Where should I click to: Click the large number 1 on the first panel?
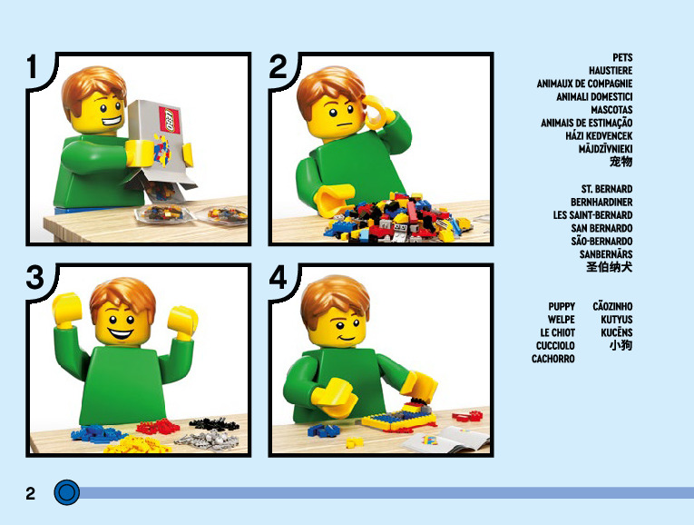click(x=32, y=67)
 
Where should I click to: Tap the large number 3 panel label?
click(x=35, y=277)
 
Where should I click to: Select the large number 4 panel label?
click(x=278, y=277)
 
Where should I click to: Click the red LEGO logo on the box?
click(x=170, y=120)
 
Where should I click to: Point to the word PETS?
click(x=622, y=57)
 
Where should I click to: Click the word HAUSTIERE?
click(x=611, y=71)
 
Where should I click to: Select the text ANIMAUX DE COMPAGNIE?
click(x=584, y=84)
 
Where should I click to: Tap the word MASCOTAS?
click(x=611, y=110)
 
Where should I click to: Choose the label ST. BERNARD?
click(x=606, y=189)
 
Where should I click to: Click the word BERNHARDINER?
click(x=601, y=202)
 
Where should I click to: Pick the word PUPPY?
click(x=562, y=307)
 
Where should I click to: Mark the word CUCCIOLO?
click(x=555, y=345)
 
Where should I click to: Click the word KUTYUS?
click(x=616, y=320)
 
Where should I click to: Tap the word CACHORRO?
click(x=552, y=359)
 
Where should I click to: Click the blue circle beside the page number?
click(x=67, y=492)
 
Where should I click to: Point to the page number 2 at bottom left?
click(x=30, y=493)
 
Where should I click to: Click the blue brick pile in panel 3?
click(x=97, y=433)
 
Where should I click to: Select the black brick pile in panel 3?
click(x=215, y=423)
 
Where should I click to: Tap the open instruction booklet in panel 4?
click(x=445, y=440)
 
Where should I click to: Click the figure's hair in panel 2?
click(x=328, y=87)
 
